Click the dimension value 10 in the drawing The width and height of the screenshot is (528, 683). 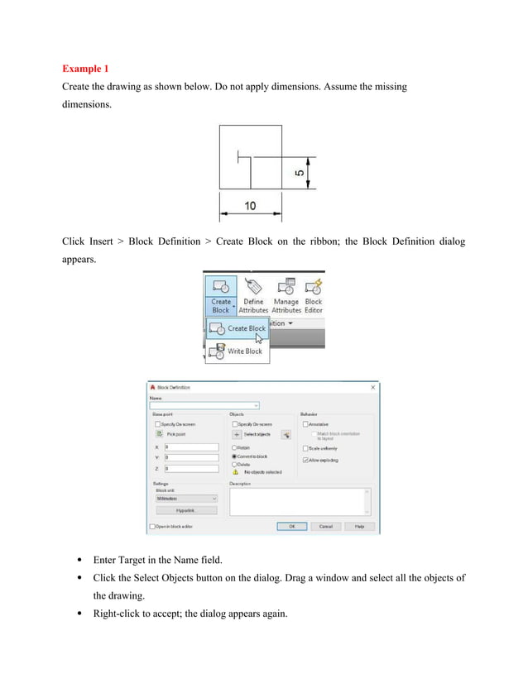[x=249, y=205]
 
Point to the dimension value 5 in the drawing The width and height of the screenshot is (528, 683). [x=299, y=174]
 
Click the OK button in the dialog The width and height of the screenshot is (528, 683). [x=291, y=526]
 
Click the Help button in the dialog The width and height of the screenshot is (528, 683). [x=359, y=526]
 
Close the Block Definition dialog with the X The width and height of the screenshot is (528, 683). [x=372, y=387]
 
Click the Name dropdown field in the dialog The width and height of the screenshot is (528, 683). [x=204, y=405]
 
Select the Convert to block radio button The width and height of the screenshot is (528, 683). [x=234, y=456]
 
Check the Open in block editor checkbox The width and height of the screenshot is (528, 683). [x=152, y=526]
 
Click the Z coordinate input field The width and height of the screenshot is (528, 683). [x=190, y=467]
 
